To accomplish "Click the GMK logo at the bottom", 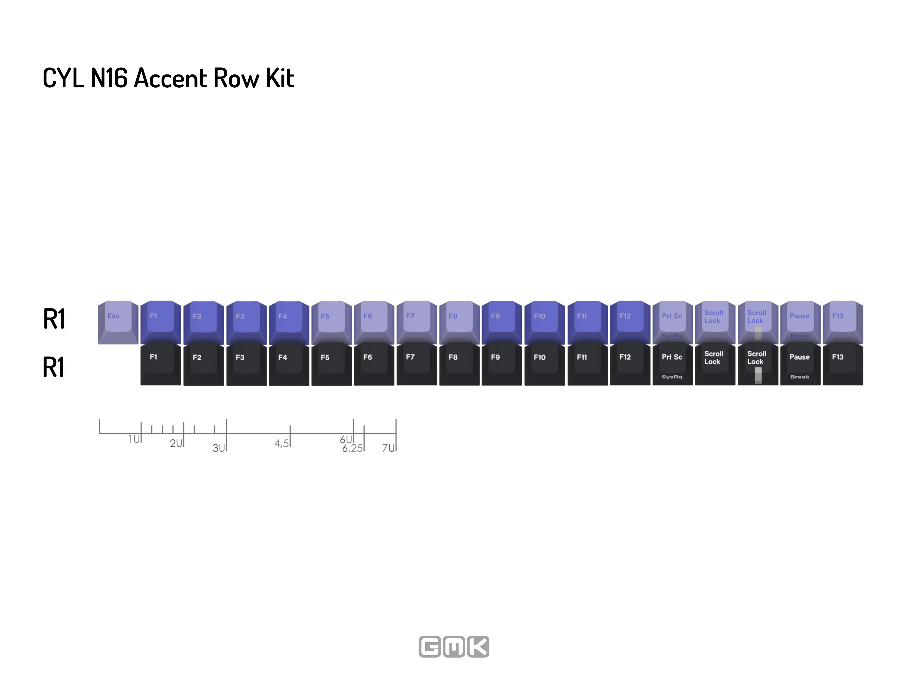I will pyautogui.click(x=454, y=646).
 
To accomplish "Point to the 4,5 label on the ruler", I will pyautogui.click(x=282, y=443).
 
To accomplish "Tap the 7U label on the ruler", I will pyautogui.click(x=389, y=448).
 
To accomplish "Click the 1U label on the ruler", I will pyautogui.click(x=134, y=439).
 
